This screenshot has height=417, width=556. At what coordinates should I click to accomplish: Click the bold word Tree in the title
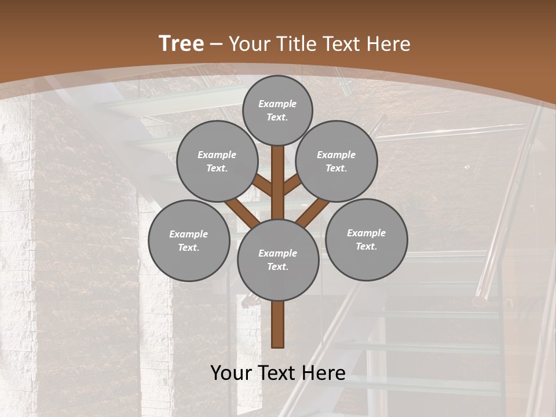(181, 43)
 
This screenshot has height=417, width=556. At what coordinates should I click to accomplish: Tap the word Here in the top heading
(388, 43)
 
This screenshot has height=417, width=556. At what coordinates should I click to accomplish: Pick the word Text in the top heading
(341, 43)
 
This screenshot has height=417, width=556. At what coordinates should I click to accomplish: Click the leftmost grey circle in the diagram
(189, 240)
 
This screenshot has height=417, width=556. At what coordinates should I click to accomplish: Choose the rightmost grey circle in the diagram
(366, 239)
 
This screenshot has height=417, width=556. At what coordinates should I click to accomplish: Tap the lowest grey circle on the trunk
(278, 259)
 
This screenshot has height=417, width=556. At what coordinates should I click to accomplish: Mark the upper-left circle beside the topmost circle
(217, 161)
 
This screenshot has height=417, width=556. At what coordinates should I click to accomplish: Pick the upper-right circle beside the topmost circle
(336, 161)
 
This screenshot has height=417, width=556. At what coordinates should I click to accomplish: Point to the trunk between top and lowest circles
(278, 185)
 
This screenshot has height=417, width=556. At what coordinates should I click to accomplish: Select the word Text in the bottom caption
(279, 372)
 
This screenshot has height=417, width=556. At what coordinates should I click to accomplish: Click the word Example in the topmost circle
(277, 104)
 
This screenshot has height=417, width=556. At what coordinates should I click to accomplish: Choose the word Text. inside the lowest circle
(277, 266)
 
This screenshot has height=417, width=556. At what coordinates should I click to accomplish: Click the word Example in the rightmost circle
(366, 233)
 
